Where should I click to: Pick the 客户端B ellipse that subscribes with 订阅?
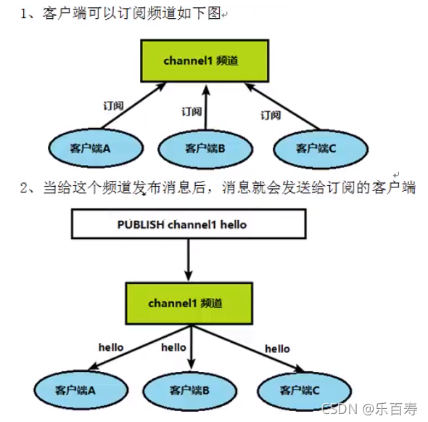[205, 148]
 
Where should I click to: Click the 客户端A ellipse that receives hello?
[75, 389]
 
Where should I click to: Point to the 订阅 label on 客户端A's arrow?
[113, 105]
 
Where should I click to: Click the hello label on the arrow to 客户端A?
[110, 347]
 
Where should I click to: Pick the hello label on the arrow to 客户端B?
[173, 347]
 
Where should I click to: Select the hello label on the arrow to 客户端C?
[277, 349]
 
